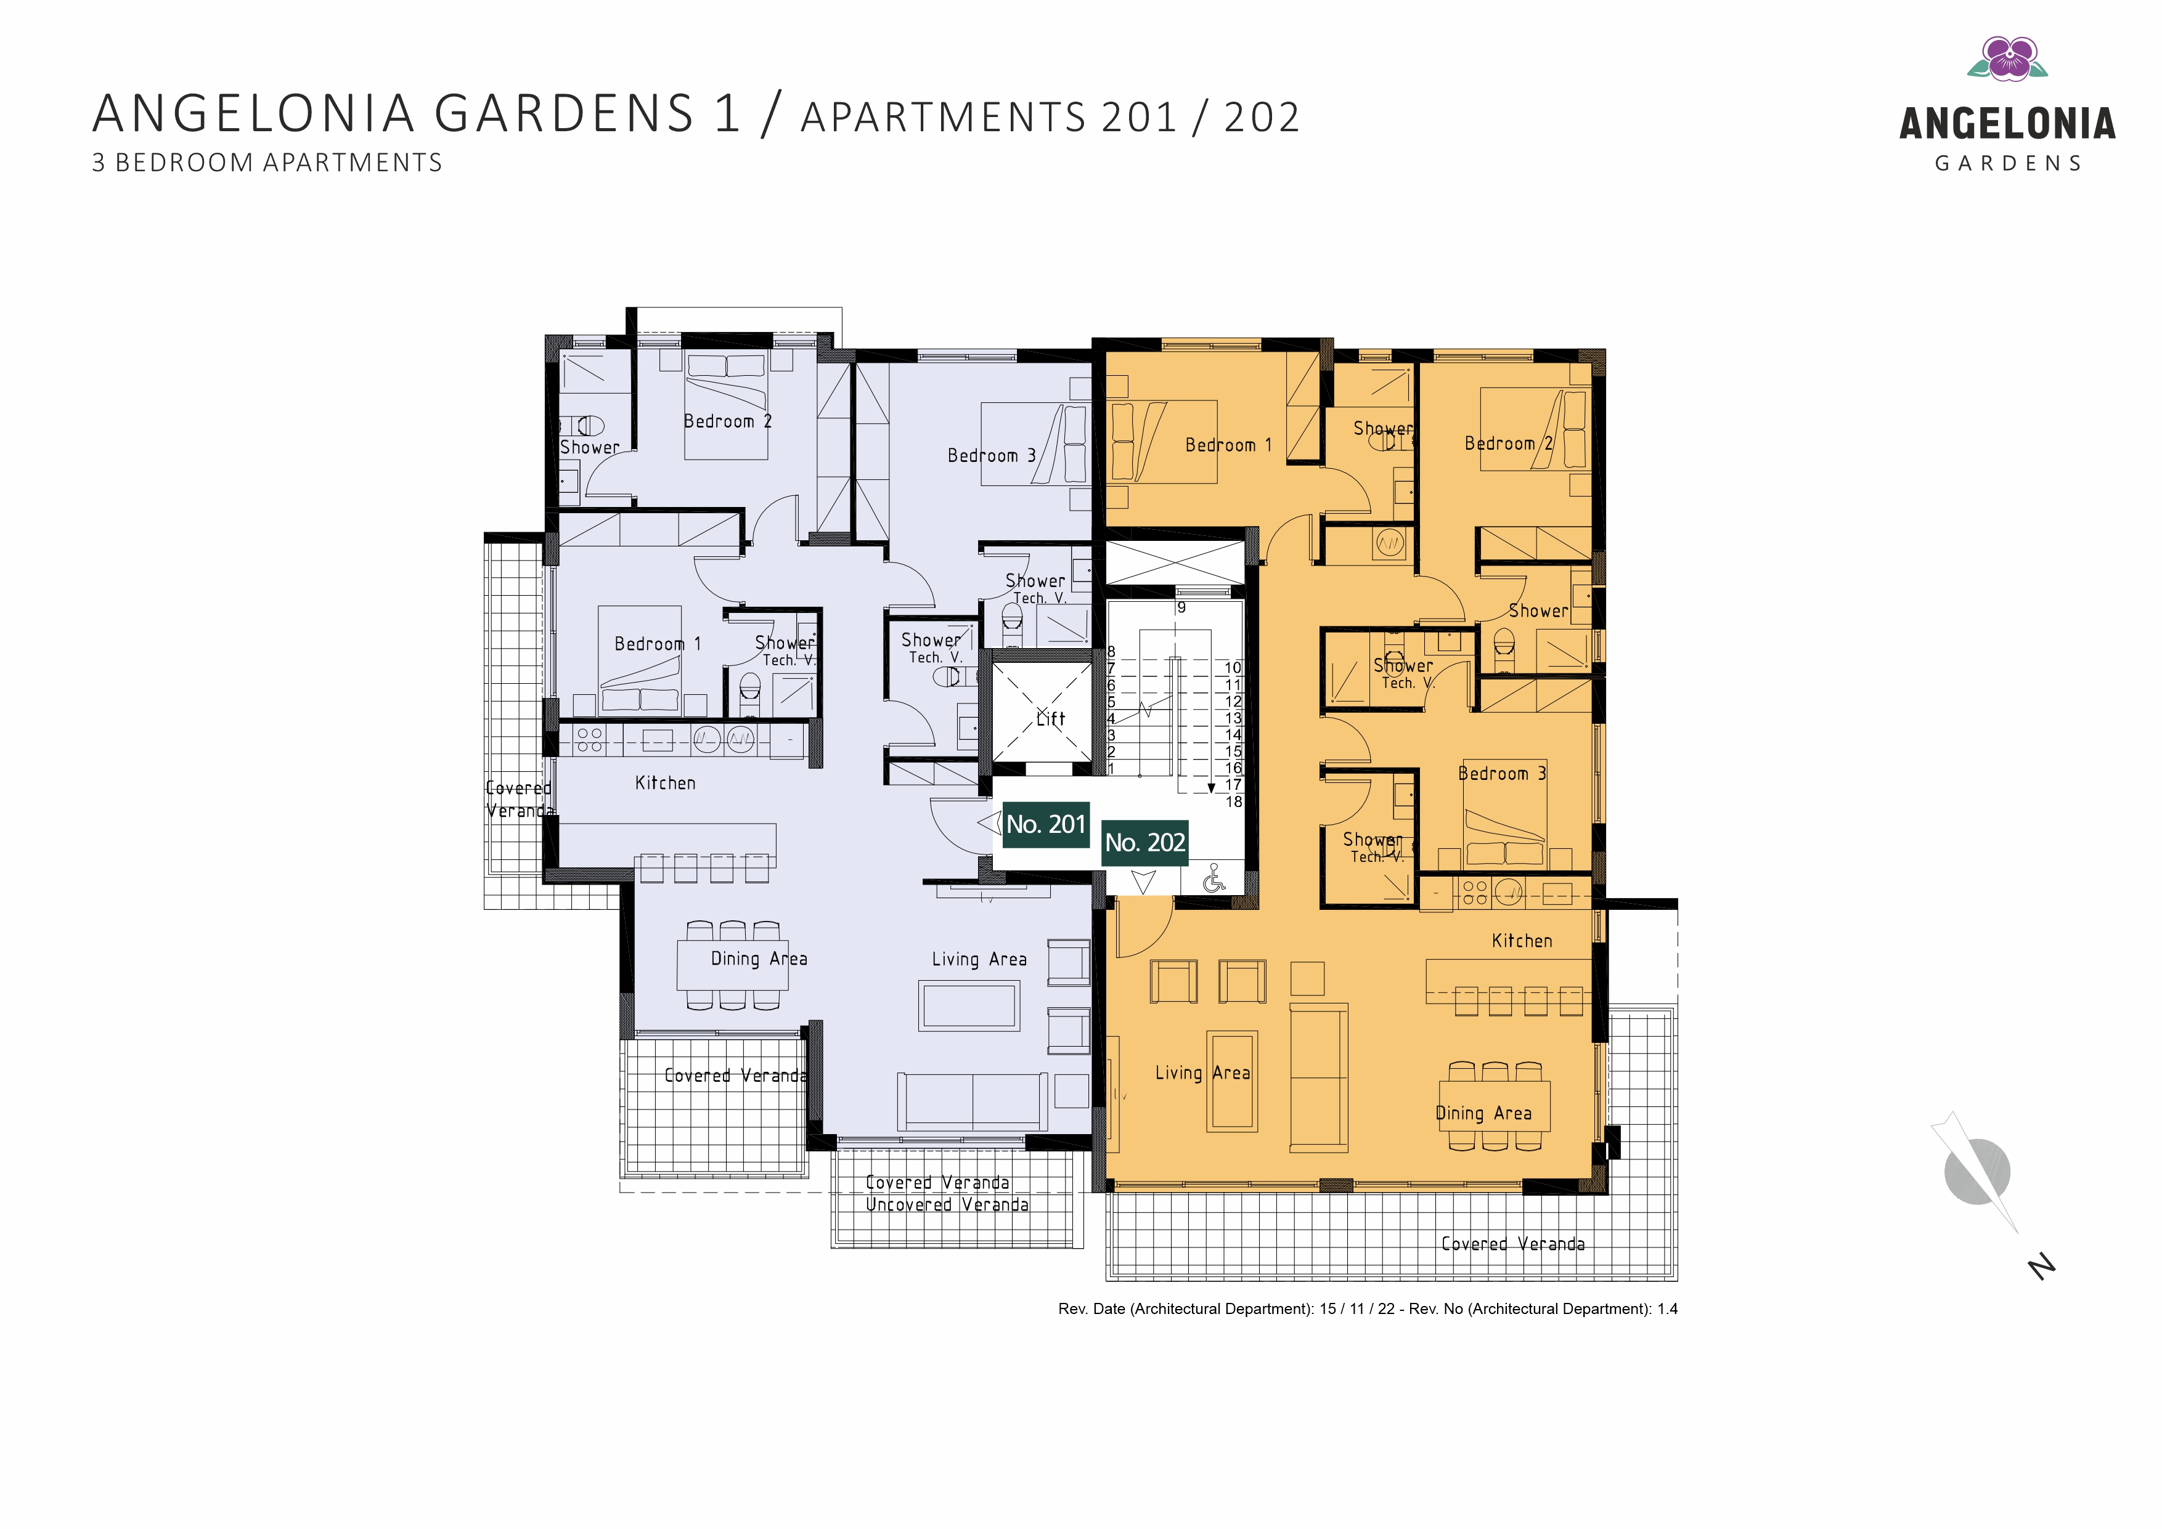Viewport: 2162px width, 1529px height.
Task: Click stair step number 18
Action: pos(1234,802)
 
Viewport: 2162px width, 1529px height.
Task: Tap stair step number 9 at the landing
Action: pos(1181,608)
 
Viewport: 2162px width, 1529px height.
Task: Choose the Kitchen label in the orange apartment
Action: pos(1522,941)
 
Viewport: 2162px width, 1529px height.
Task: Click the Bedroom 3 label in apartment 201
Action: pos(992,456)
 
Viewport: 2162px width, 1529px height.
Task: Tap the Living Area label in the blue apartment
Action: pos(979,959)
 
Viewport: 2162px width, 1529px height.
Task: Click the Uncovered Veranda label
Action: pos(947,1204)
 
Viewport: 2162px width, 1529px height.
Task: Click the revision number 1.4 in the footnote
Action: pos(1668,1308)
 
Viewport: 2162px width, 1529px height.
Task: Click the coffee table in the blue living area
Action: pos(969,1005)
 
